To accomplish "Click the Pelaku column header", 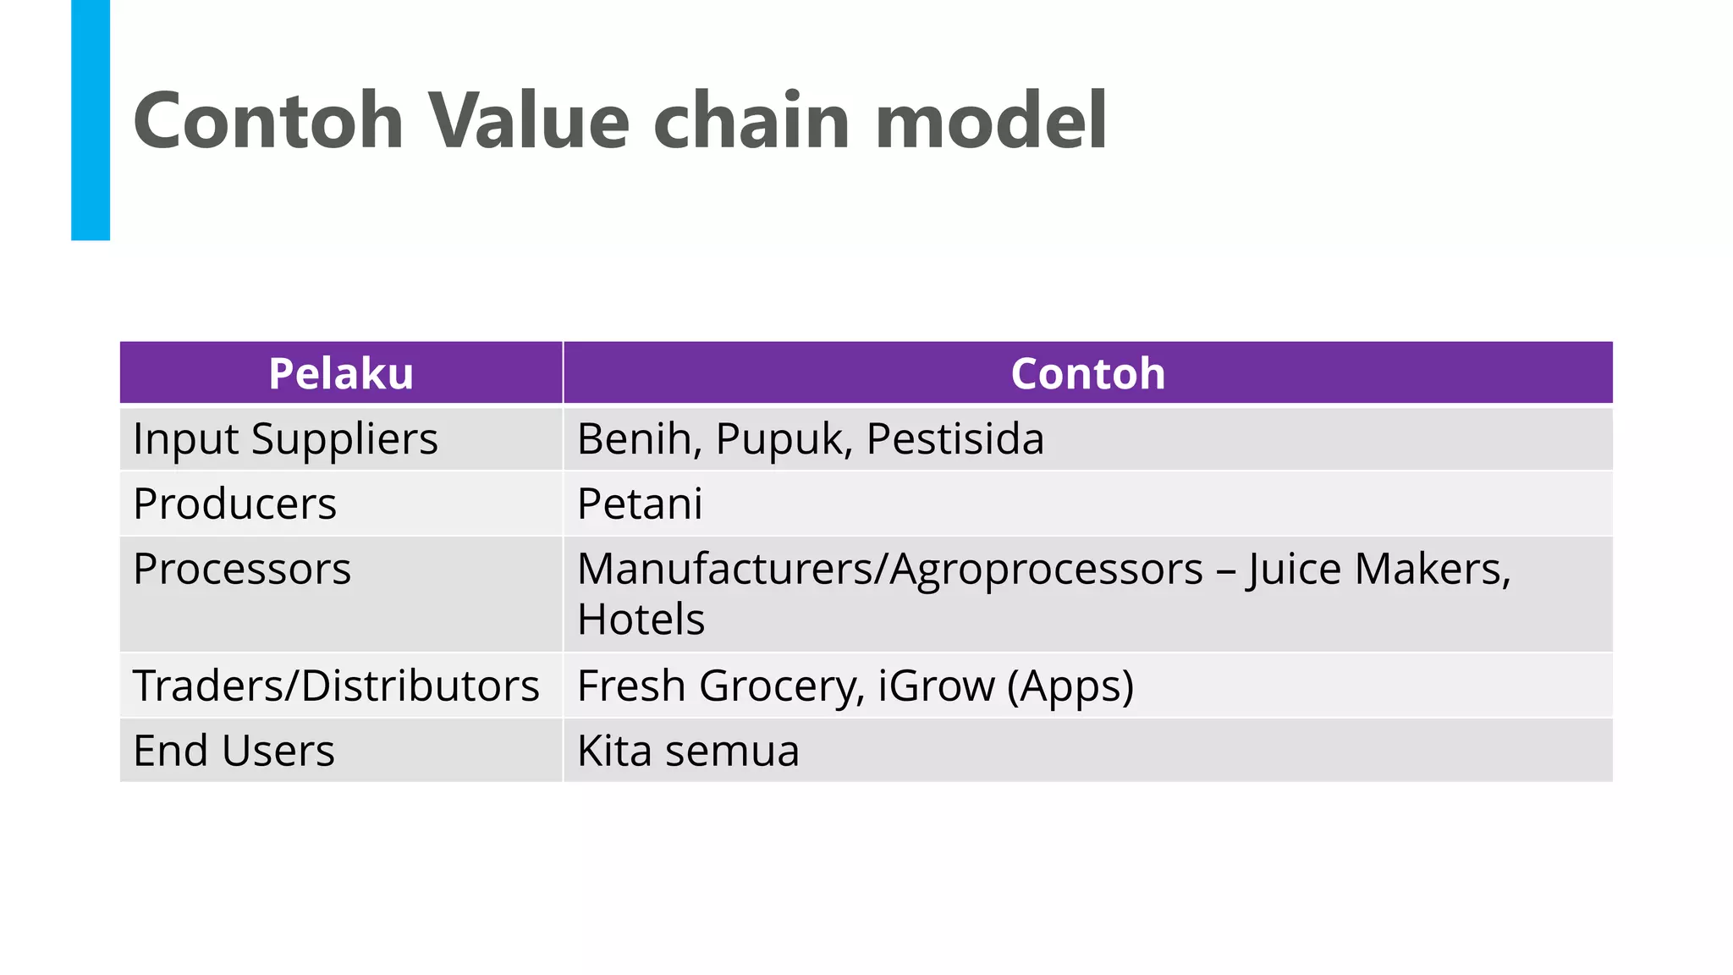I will coord(341,373).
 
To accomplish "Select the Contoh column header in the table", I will coord(1087,373).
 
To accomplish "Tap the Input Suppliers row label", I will coord(285,439).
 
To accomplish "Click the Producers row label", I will coord(234,504).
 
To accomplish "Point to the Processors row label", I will coord(241,569).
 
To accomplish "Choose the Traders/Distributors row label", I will coord(336,686).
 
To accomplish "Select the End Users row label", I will coord(234,751).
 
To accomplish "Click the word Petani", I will coord(639,504).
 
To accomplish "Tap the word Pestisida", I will coord(955,439).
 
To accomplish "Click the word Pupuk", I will coord(782,439).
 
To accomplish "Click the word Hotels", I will coord(641,620).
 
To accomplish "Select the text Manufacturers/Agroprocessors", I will coord(889,569).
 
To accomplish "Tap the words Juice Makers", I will coord(1378,569).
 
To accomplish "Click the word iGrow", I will coord(936,686).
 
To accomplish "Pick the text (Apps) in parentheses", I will coord(1070,686).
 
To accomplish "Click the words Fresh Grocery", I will coord(720,686).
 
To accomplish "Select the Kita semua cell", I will coord(688,751).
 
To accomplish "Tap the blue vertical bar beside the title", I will coord(91,120).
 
